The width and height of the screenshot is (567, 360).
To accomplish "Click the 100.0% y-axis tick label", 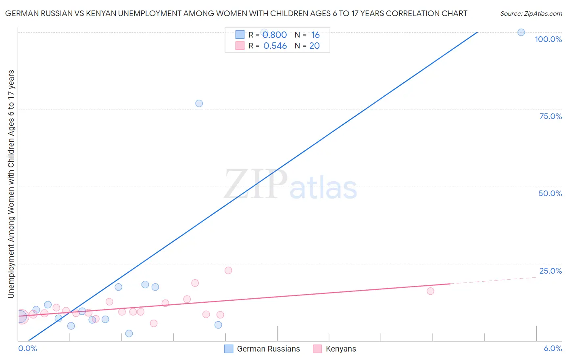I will click(548, 39).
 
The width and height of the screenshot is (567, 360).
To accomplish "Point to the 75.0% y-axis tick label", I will click(550, 116).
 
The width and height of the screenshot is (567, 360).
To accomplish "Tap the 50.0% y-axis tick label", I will click(550, 193).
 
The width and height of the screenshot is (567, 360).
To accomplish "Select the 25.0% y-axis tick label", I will click(550, 271).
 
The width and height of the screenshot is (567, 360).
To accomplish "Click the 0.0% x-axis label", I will click(27, 348).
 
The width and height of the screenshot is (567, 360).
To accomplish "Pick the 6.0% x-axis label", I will click(552, 348).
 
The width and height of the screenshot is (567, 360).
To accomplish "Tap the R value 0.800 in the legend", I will click(275, 35).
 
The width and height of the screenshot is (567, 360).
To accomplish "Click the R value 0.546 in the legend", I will click(275, 46).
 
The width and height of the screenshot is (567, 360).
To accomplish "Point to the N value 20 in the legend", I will click(315, 46).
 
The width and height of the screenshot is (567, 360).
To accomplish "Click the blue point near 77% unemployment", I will click(199, 103).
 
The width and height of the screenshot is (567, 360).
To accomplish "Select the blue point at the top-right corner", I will click(521, 32).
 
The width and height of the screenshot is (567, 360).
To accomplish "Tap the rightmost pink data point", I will click(430, 291).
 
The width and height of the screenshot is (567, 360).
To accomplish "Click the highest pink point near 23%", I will click(228, 270).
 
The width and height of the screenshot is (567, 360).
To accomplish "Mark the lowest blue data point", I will click(129, 333).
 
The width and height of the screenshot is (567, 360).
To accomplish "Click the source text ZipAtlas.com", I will click(531, 13).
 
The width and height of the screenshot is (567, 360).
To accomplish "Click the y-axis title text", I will click(11, 184).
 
